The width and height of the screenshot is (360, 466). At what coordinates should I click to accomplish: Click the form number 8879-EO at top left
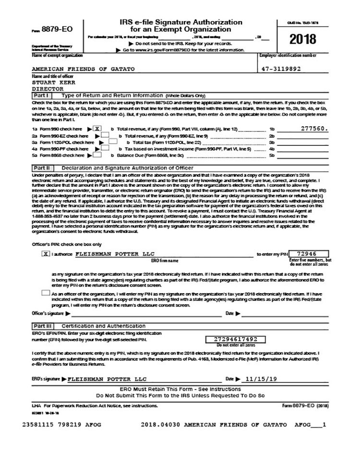(57, 29)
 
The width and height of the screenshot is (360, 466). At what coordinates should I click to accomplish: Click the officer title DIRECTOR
(48, 89)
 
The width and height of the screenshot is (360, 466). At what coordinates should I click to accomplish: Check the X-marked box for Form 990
(97, 129)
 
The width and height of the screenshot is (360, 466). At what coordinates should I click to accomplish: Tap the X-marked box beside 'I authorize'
(46, 254)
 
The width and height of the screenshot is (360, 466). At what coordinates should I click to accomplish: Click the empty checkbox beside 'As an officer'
(45, 293)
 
